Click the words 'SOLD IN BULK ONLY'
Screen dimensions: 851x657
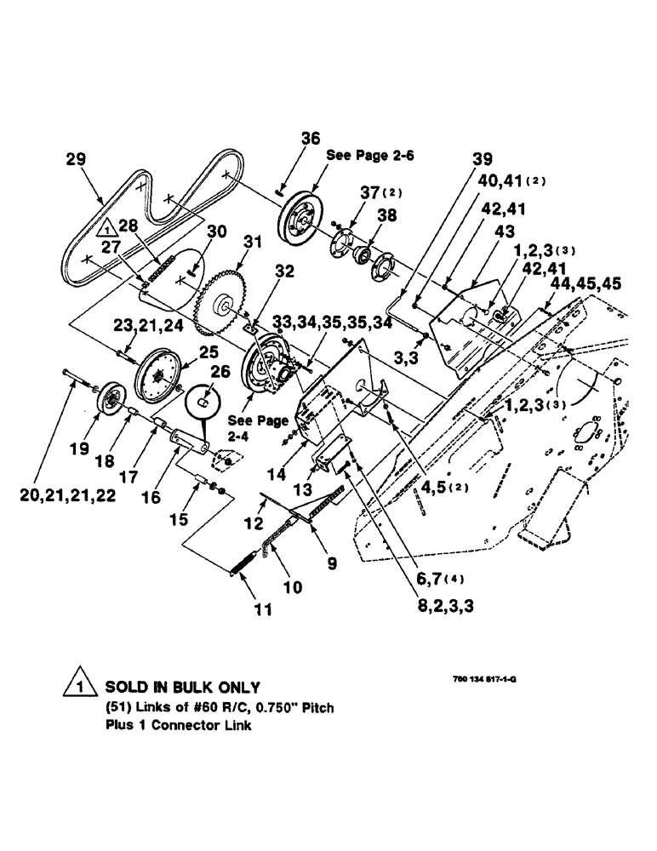click(182, 686)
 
